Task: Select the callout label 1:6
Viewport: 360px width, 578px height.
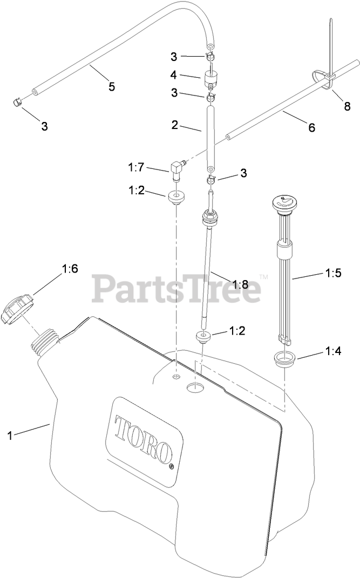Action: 70,268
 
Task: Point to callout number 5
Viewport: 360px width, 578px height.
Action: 112,86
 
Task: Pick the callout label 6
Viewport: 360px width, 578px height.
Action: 311,128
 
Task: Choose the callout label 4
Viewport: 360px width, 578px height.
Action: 173,75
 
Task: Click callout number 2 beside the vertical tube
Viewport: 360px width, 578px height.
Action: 174,125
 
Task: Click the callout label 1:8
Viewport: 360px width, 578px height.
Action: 240,284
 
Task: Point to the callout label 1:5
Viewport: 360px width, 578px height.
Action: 333,273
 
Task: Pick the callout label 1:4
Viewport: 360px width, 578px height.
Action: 333,351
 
